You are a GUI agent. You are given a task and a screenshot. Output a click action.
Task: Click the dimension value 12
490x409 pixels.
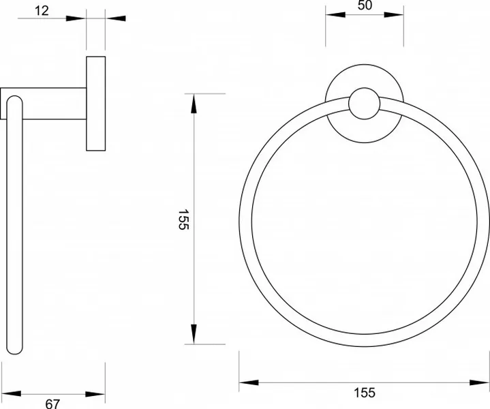[x=42, y=11]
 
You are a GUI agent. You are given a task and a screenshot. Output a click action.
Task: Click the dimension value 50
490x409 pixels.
[x=365, y=5]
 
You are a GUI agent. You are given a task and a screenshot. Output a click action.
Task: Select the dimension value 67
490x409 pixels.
[x=52, y=404]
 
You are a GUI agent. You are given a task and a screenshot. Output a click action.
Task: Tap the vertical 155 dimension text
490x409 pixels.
[x=183, y=219]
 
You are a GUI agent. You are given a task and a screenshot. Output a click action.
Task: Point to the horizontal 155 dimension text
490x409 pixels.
[x=365, y=393]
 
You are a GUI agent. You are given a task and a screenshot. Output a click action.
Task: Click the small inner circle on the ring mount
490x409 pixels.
[x=365, y=104]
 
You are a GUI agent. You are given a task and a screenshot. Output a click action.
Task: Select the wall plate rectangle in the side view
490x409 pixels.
[x=96, y=104]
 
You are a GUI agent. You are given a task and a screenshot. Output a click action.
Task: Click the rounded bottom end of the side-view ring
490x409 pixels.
[x=15, y=352]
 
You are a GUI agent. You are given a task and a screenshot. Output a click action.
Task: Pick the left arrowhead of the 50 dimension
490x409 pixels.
[x=335, y=15]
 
